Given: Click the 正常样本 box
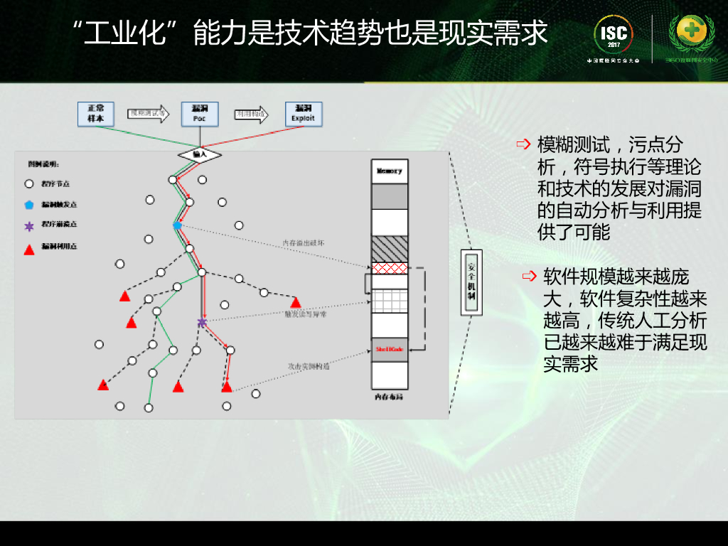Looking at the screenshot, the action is click(96, 114).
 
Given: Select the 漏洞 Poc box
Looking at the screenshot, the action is click(199, 114).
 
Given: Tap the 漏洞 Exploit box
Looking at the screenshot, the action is click(303, 114).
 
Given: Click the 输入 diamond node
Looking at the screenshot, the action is click(200, 154).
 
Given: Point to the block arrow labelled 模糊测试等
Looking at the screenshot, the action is click(148, 113).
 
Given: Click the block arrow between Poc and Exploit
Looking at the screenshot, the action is click(252, 113).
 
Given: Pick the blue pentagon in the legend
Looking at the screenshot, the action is click(29, 205).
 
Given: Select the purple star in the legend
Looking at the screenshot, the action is click(29, 226).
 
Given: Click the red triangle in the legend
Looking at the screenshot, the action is click(29, 249).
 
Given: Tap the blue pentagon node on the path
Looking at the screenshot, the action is click(177, 225).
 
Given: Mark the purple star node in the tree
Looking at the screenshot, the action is click(202, 323).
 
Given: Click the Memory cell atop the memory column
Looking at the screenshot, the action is click(390, 171).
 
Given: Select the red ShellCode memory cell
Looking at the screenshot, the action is click(390, 350).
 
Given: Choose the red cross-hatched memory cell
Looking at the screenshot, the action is click(390, 268).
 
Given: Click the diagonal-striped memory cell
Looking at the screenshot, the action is click(390, 249).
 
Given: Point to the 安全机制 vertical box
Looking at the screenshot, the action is click(471, 282).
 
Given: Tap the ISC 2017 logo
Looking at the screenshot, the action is click(614, 34).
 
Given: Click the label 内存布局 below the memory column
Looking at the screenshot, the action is click(390, 397).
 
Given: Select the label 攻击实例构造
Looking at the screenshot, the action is click(308, 367).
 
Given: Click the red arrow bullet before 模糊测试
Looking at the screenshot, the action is click(524, 145).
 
